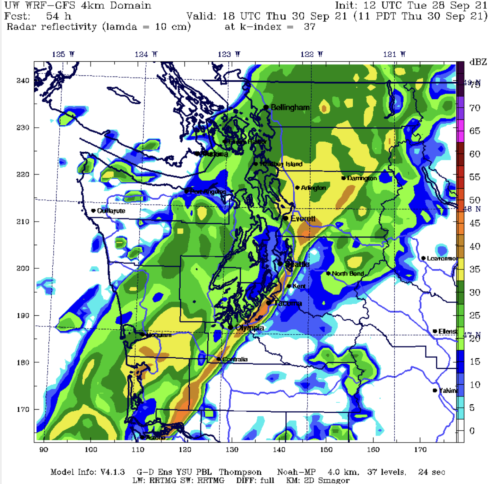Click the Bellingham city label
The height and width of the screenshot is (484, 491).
click(x=290, y=107)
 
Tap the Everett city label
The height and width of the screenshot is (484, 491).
click(x=303, y=218)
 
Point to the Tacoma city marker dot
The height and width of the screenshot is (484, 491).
click(x=268, y=303)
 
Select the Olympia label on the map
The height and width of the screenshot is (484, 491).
click(x=249, y=328)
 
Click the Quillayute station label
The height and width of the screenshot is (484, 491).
click(x=111, y=211)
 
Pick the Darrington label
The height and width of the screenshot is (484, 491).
click(x=362, y=178)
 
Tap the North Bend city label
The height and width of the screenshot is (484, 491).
click(x=347, y=274)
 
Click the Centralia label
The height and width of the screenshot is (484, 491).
click(x=235, y=359)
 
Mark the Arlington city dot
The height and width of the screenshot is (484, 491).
click(x=297, y=188)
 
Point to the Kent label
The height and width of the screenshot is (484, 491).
click(x=299, y=286)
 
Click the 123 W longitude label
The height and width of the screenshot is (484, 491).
click(x=229, y=54)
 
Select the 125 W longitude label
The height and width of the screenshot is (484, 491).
click(x=63, y=54)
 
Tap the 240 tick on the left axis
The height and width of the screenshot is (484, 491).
click(x=23, y=81)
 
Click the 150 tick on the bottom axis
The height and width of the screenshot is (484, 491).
click(x=326, y=450)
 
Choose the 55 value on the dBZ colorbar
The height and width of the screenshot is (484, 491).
click(x=475, y=177)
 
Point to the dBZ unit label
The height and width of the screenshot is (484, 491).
click(x=478, y=62)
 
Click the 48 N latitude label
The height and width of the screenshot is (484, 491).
click(x=472, y=209)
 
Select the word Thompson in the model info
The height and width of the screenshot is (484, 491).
click(x=240, y=472)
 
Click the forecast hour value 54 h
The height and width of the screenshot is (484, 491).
click(x=59, y=16)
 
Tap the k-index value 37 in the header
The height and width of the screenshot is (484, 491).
click(x=309, y=27)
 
